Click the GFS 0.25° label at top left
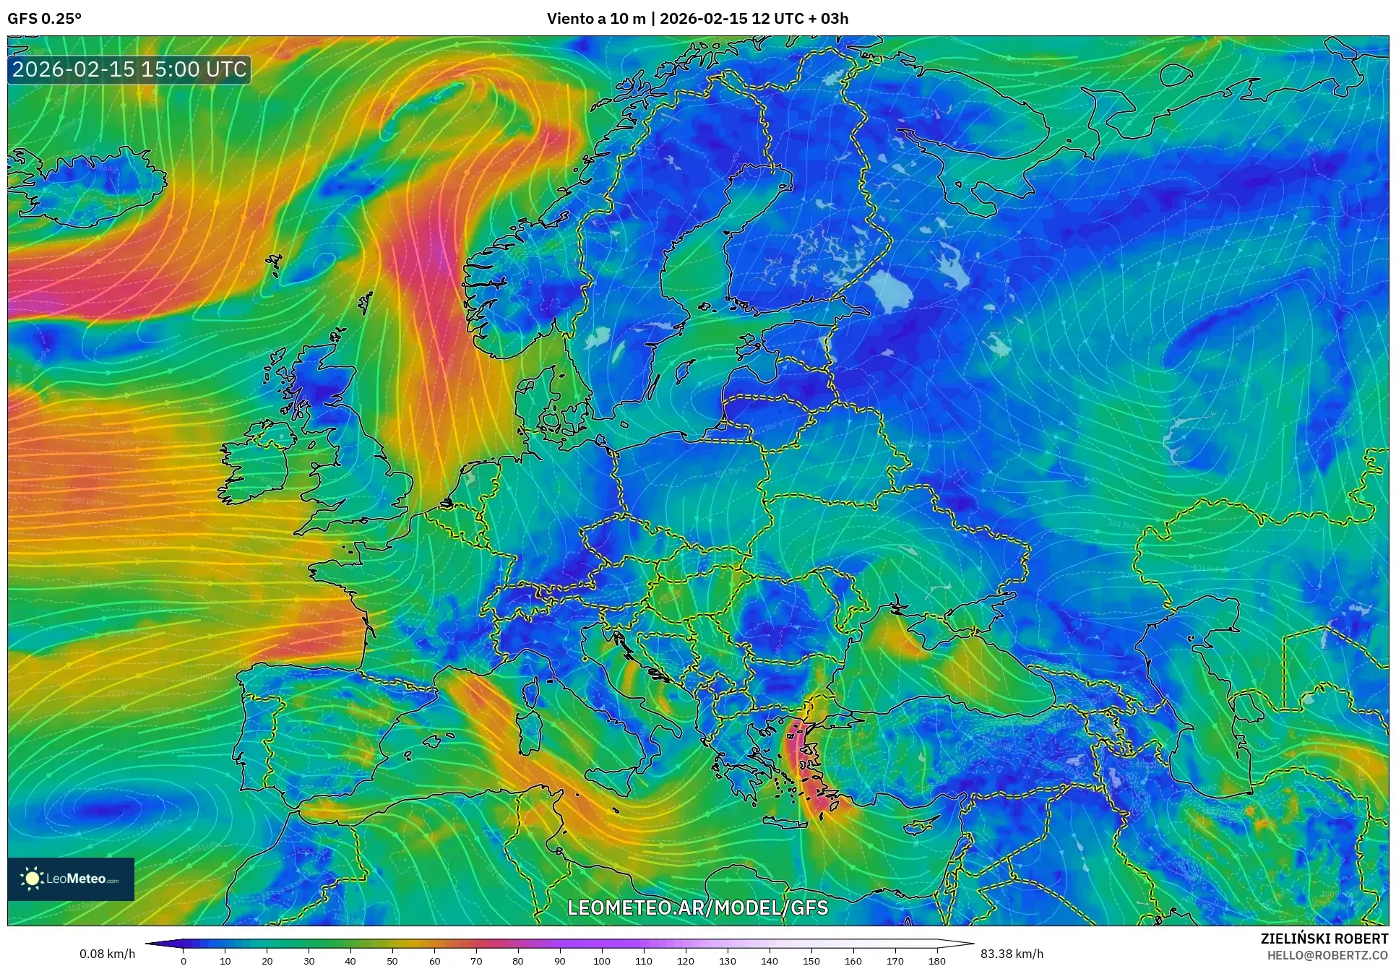click(44, 19)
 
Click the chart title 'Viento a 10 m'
click(595, 19)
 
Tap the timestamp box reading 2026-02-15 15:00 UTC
click(129, 69)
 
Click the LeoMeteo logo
click(71, 879)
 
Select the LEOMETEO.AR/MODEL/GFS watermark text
click(697, 907)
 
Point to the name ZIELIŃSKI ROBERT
click(1324, 939)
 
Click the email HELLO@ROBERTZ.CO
click(1327, 954)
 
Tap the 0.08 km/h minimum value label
click(107, 954)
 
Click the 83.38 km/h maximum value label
click(1012, 954)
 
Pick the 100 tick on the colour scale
click(602, 960)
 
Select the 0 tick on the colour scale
click(184, 960)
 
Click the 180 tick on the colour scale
click(936, 960)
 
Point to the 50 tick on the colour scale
click(392, 960)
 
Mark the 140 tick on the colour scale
click(770, 960)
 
